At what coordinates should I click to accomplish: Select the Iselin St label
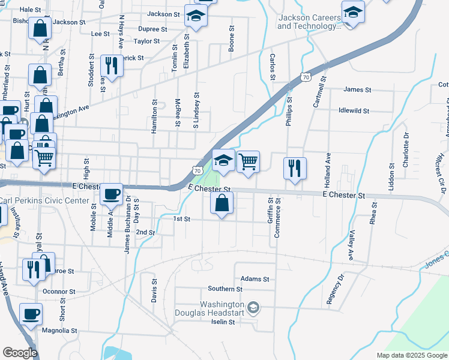point(221,322)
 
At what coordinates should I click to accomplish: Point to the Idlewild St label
point(354,111)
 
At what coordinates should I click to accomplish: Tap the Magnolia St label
point(59,331)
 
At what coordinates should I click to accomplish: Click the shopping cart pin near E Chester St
point(247,162)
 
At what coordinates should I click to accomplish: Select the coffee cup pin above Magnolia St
point(31,314)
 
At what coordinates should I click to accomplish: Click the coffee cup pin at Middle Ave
point(111,194)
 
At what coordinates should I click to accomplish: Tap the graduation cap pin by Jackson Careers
point(353,12)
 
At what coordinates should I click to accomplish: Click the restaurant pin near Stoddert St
point(111,64)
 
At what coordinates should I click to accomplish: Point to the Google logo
point(19,353)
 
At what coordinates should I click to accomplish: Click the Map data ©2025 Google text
point(412,355)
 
